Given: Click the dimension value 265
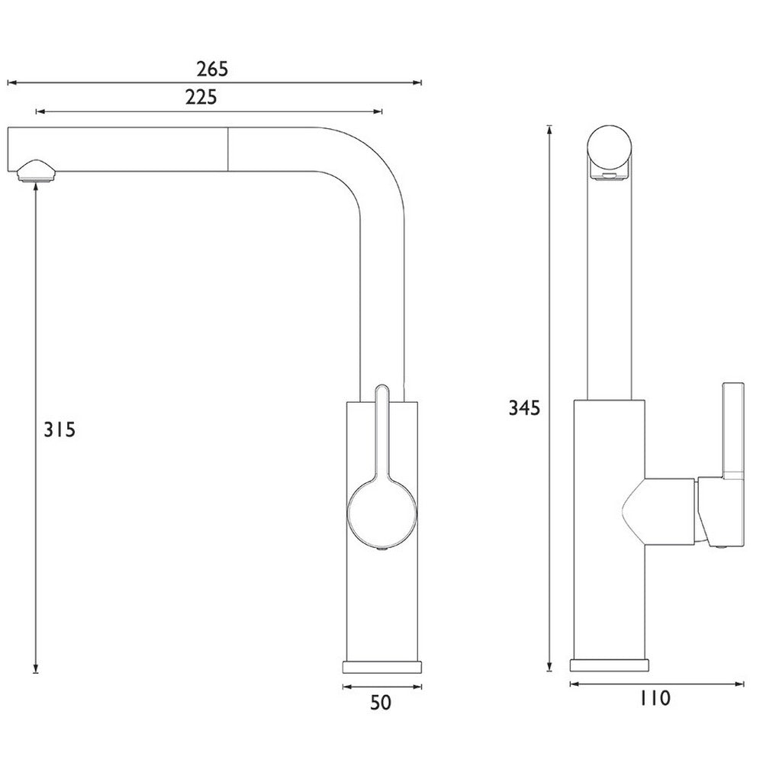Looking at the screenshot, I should [x=212, y=69].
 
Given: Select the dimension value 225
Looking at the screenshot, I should [x=201, y=97].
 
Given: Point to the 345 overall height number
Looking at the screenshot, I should [x=524, y=408].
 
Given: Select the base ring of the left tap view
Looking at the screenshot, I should [x=381, y=665].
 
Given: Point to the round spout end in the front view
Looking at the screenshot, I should [x=610, y=149].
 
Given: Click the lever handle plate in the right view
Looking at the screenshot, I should [x=734, y=427].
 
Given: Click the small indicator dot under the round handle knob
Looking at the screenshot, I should [x=382, y=547].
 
